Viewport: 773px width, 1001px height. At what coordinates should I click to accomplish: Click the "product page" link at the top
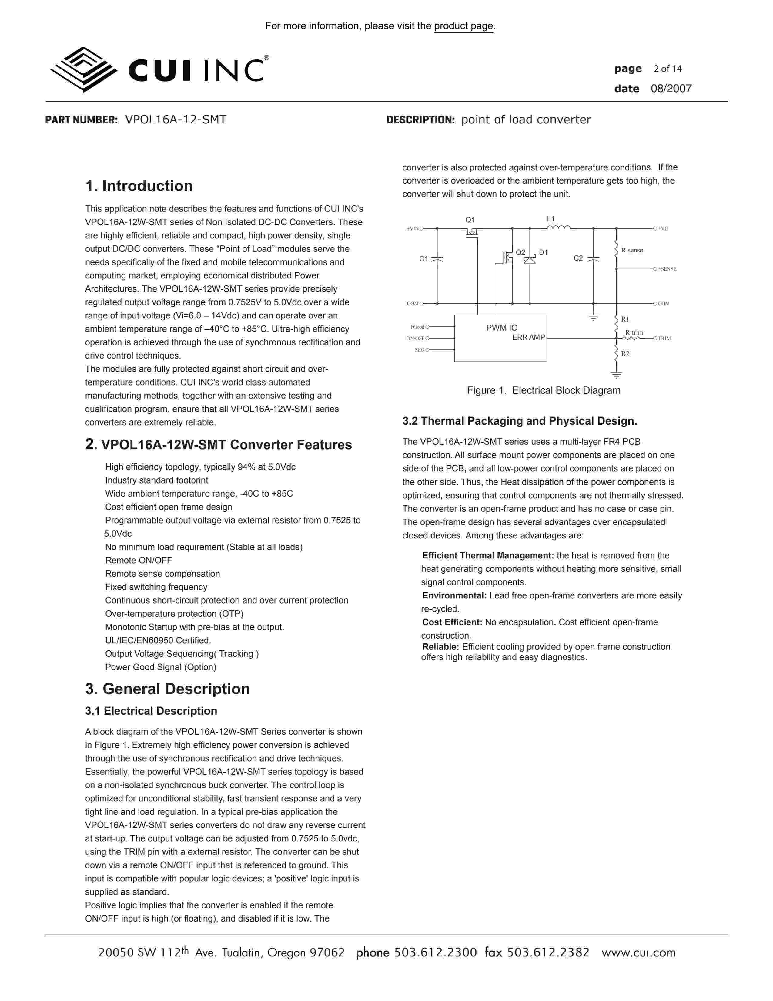[x=463, y=26]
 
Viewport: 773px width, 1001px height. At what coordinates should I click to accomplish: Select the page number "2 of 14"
[x=668, y=69]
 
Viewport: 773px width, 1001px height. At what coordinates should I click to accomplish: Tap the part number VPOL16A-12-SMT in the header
[x=176, y=120]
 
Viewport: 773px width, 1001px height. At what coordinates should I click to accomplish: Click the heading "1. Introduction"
[x=139, y=186]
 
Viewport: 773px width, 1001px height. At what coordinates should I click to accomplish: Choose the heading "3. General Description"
[x=168, y=689]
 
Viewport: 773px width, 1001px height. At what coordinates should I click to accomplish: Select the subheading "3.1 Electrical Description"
[x=151, y=711]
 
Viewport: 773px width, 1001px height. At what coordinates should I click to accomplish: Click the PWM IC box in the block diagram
[x=500, y=338]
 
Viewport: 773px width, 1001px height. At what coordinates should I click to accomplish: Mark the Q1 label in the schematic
[x=470, y=220]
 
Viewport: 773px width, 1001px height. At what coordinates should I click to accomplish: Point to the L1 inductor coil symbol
[x=559, y=227]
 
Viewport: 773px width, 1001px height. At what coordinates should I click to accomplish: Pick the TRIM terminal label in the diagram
[x=664, y=338]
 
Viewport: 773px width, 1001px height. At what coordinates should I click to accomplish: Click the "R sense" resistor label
[x=632, y=250]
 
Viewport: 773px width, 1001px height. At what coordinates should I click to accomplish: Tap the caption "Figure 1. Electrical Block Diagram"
[x=544, y=390]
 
